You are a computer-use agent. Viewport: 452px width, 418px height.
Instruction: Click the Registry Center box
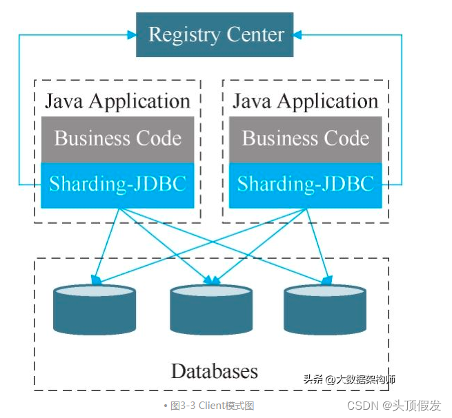pos(216,34)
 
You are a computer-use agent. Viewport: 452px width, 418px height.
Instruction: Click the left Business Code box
pos(117,138)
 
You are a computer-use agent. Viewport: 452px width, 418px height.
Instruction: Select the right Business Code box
pos(305,138)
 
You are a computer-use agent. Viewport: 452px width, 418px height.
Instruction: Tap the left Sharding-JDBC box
pos(117,185)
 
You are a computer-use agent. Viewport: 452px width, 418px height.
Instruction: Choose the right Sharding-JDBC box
pos(305,185)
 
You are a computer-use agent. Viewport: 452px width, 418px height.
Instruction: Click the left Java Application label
pos(117,101)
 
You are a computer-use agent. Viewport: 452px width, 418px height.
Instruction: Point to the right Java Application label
pos(305,101)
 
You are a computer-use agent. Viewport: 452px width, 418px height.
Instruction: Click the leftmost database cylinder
pos(95,311)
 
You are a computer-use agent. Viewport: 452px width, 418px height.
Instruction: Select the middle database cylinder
pos(211,311)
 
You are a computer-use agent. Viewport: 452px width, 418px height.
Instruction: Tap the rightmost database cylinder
pos(325,311)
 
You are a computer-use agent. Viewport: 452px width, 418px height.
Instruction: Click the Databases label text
pos(214,372)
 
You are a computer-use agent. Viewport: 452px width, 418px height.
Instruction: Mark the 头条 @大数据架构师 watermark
pos(348,379)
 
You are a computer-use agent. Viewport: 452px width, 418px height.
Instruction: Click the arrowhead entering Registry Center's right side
pos(299,34)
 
